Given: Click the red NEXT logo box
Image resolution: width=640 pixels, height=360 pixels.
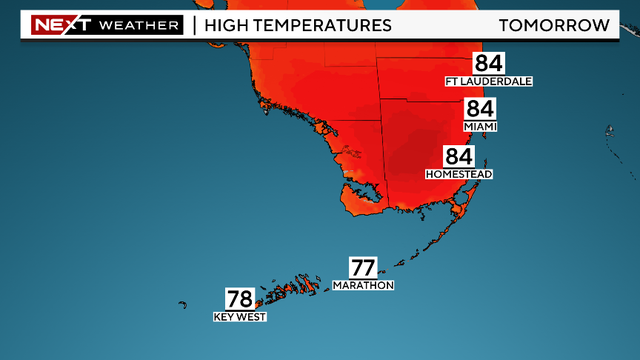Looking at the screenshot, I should pos(60,24).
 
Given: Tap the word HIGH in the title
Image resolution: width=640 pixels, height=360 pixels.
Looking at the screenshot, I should pos(228,24).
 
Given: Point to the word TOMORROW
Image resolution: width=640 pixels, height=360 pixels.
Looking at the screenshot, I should pos(553,24).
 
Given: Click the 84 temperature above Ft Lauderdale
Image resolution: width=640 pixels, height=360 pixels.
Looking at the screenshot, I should pos(490,63).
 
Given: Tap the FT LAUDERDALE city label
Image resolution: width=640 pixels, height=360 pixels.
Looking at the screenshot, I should pos(490,81).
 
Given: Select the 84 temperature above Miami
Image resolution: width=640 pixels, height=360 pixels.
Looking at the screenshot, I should pos(480,110).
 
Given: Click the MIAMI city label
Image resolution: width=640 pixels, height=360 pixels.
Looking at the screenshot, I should pos(480,127).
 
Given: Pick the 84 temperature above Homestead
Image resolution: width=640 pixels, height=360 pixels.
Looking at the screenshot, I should pos(459,156).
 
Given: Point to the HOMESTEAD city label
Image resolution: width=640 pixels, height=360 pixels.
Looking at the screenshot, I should pos(459,174).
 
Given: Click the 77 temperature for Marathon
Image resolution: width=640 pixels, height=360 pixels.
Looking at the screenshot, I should pos(363,267).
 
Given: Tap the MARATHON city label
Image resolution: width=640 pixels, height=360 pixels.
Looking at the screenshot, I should pos(363,285).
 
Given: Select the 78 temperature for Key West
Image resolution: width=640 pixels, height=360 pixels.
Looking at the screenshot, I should pos(239,299).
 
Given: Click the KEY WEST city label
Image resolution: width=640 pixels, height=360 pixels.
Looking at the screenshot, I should pos(239,317).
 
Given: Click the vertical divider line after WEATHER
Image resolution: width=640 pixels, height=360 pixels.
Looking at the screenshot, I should pos(193,24).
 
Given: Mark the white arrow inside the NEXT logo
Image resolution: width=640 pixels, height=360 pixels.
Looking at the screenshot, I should pos(84,24).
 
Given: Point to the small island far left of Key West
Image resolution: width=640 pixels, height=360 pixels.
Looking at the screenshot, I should pos(184,305).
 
